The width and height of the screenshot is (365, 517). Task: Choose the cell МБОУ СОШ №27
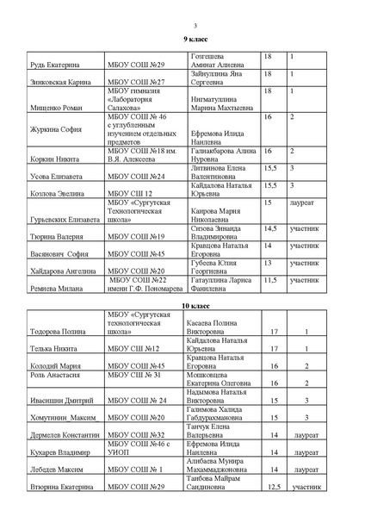pyautogui.click(x=133, y=83)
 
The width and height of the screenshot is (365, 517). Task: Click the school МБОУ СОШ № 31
pyautogui.click(x=135, y=375)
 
